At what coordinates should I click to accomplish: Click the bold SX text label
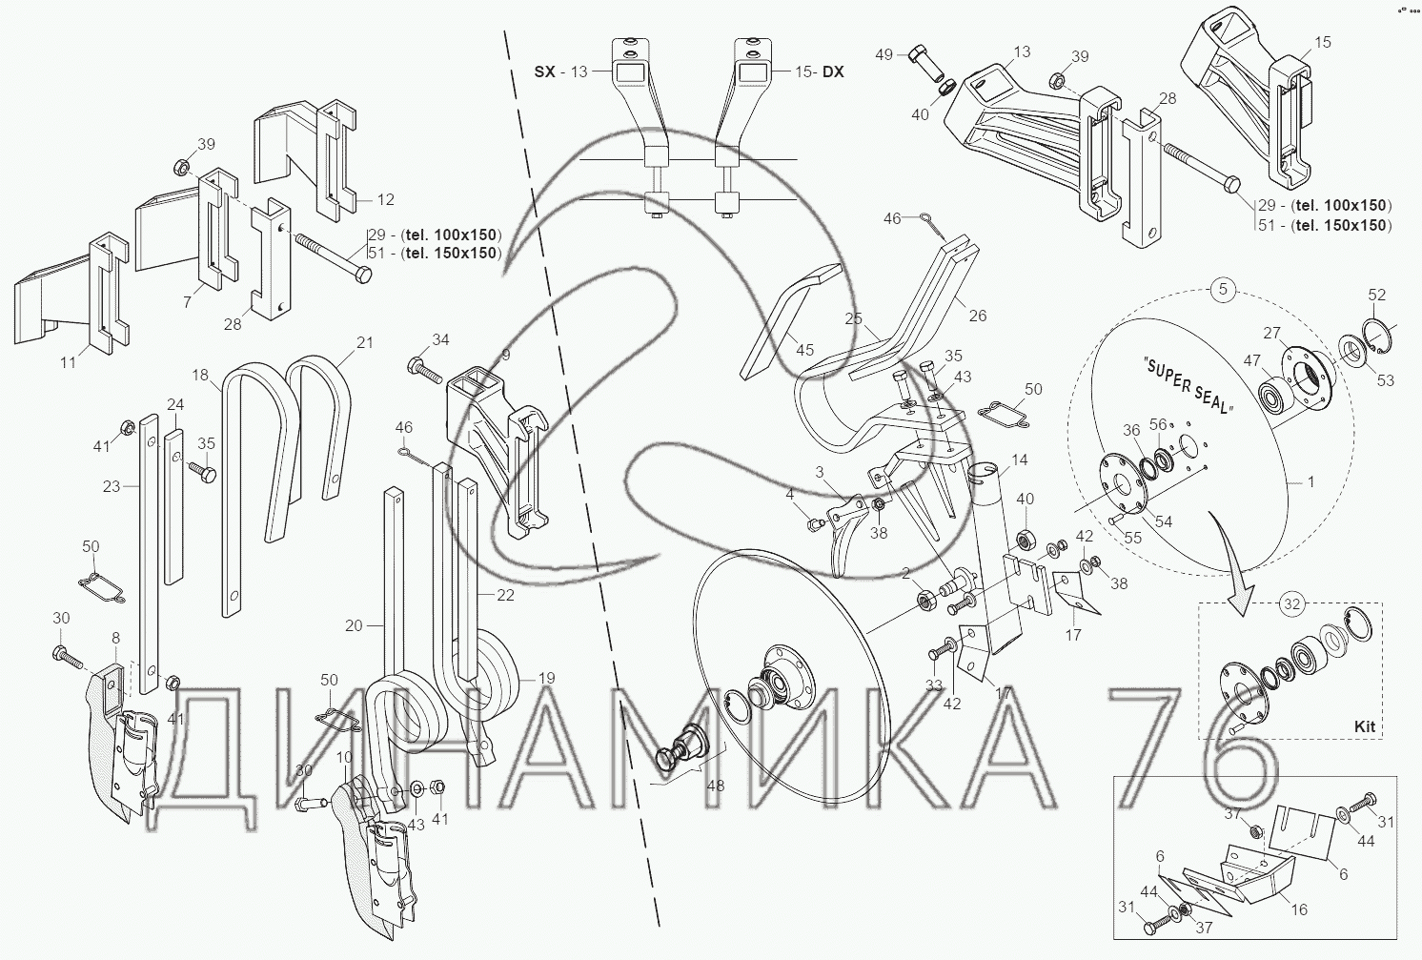pos(544,71)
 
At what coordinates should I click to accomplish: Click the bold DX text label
pos(834,71)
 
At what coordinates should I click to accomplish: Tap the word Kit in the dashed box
pos(1364,727)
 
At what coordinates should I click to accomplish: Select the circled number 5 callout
pos(1224,290)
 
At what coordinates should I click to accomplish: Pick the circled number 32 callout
pos(1292,603)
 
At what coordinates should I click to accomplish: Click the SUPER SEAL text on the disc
pos(1188,385)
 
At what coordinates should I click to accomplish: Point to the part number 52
pos(1377,295)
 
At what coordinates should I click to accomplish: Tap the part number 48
pos(716,786)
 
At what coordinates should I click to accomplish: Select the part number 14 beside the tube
pos(1019,460)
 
